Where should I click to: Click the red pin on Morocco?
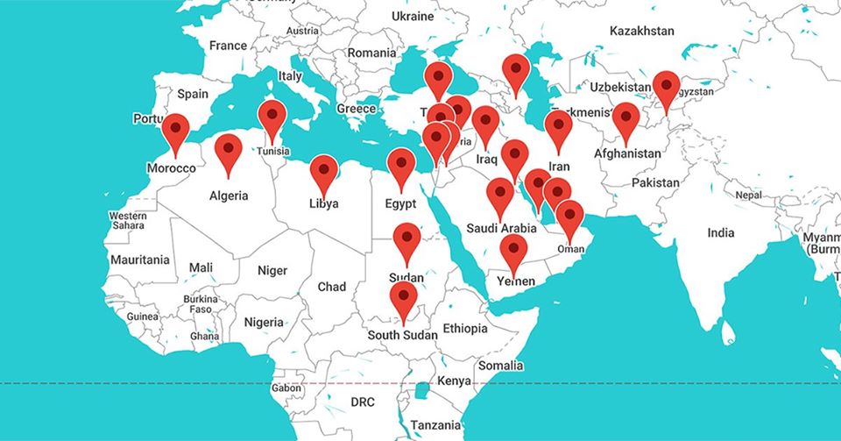click(x=176, y=130)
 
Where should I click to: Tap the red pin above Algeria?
click(x=229, y=150)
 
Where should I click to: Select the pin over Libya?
click(x=324, y=171)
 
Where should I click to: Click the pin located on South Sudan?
click(x=404, y=297)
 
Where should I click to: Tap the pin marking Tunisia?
click(x=272, y=117)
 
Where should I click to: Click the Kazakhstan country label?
click(x=642, y=31)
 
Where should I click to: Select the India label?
click(x=721, y=233)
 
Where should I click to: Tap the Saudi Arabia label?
click(x=501, y=229)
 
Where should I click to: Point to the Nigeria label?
click(x=264, y=322)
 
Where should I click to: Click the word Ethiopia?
click(x=464, y=329)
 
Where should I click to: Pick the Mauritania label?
click(x=140, y=260)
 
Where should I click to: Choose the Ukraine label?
click(x=413, y=16)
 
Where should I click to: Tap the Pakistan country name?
click(x=655, y=182)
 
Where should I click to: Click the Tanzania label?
click(x=435, y=425)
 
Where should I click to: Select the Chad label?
click(x=332, y=287)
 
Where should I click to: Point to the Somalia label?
click(x=501, y=366)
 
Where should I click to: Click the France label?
click(x=229, y=46)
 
